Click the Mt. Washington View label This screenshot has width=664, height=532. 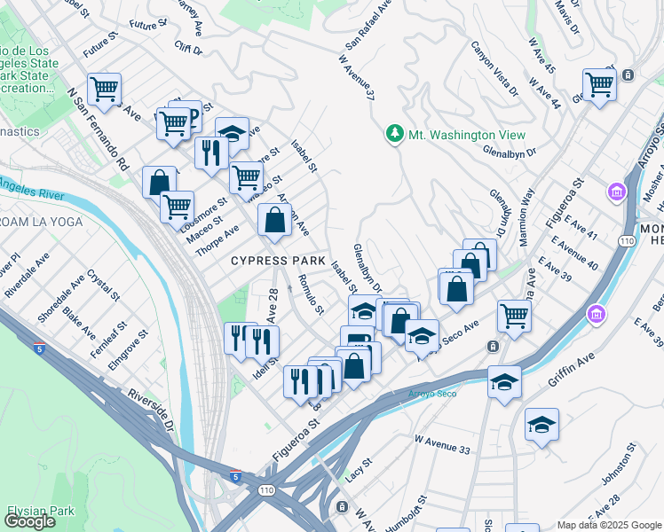[466, 135]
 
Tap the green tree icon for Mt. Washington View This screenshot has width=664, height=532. [394, 135]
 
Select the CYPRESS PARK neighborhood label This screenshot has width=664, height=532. [272, 261]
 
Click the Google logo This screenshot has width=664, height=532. [29, 521]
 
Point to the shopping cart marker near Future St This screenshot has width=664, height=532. [105, 89]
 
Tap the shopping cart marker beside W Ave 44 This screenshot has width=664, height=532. [600, 85]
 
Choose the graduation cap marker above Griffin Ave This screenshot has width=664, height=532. [504, 382]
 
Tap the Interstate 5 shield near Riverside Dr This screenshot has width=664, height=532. [234, 476]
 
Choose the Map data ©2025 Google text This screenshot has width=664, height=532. [608, 525]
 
